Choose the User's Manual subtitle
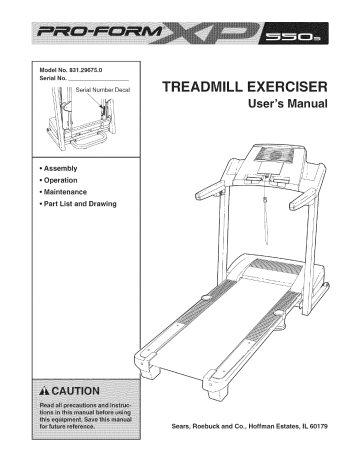pyautogui.click(x=283, y=106)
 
